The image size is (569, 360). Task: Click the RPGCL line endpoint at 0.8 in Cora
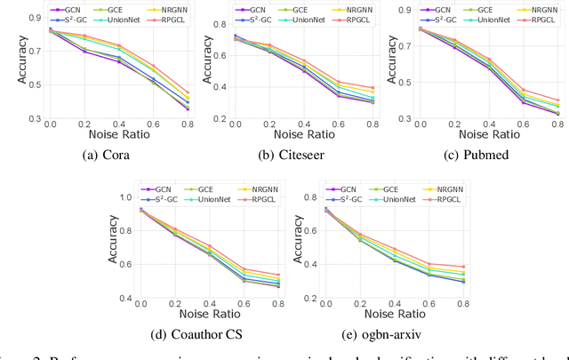pyautogui.click(x=163, y=92)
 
